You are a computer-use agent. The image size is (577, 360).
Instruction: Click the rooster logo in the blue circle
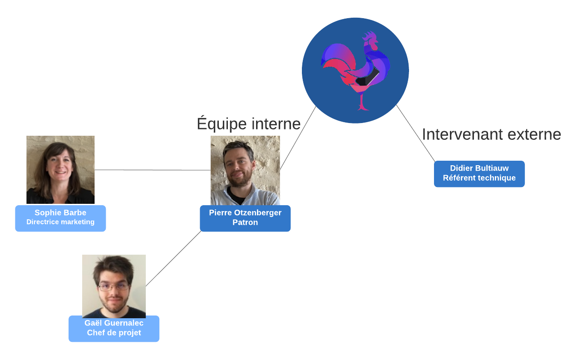[x=355, y=70]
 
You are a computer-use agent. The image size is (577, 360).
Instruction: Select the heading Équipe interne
[x=249, y=123]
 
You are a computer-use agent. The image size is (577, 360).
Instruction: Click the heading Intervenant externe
[x=491, y=134]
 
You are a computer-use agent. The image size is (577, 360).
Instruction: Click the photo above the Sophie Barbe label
[x=60, y=169]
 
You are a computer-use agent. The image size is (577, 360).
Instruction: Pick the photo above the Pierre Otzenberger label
[x=245, y=170]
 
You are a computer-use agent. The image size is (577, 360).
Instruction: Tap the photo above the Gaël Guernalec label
[x=114, y=286]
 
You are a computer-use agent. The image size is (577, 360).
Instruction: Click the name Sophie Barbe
[x=60, y=212]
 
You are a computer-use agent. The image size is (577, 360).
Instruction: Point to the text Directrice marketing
[x=60, y=222]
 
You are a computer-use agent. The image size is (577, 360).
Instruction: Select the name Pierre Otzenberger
[x=245, y=212]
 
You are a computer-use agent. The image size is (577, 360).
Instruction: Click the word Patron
[x=245, y=222]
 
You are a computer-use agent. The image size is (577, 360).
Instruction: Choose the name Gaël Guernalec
[x=114, y=323]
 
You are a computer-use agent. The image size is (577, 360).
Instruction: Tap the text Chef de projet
[x=114, y=333]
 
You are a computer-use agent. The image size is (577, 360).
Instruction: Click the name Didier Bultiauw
[x=479, y=168]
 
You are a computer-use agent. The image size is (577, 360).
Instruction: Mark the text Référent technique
[x=479, y=178]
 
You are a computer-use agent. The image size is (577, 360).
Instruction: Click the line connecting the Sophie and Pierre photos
[x=153, y=170]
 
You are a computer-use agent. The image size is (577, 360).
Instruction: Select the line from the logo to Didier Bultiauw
[x=415, y=133]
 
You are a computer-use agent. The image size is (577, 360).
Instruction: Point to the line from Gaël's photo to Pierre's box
[x=174, y=258]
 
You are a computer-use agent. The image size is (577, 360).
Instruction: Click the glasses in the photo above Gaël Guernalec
[x=113, y=287]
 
